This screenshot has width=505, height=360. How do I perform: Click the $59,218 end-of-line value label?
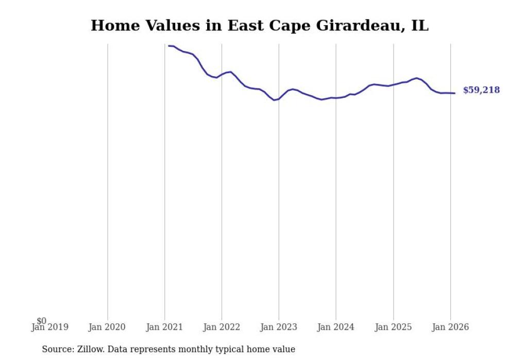[481, 90]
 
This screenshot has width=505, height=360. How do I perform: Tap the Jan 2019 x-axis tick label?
[50, 327]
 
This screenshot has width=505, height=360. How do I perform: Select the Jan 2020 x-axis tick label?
[107, 327]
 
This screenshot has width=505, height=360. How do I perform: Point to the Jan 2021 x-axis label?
[164, 327]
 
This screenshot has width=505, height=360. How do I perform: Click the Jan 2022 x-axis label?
[222, 327]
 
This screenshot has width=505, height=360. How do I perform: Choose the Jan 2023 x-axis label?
[279, 327]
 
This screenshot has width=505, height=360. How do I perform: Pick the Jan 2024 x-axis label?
[336, 327]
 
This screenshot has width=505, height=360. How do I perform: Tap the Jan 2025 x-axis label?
[393, 327]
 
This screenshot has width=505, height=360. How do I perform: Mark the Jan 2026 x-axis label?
[450, 327]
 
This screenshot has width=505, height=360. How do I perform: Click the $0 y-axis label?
[41, 321]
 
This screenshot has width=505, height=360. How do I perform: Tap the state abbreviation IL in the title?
[419, 26]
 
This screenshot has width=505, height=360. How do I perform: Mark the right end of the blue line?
[454, 93]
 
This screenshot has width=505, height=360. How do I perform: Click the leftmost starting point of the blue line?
[169, 46]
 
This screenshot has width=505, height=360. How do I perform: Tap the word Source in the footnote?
[57, 349]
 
